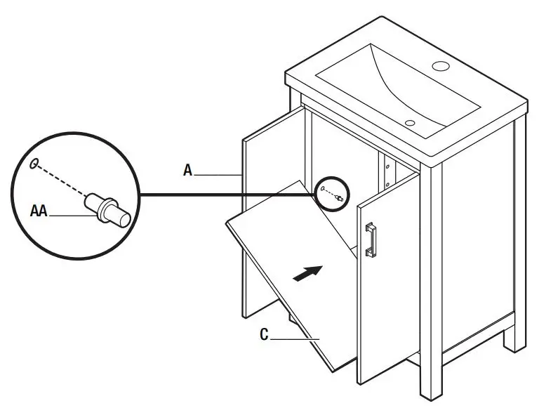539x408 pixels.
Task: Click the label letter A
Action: coord(187,170)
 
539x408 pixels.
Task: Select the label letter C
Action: coord(265,335)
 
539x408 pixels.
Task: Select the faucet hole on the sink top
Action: coord(441,67)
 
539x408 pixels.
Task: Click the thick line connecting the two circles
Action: coord(225,193)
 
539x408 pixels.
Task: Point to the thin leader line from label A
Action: coord(218,173)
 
